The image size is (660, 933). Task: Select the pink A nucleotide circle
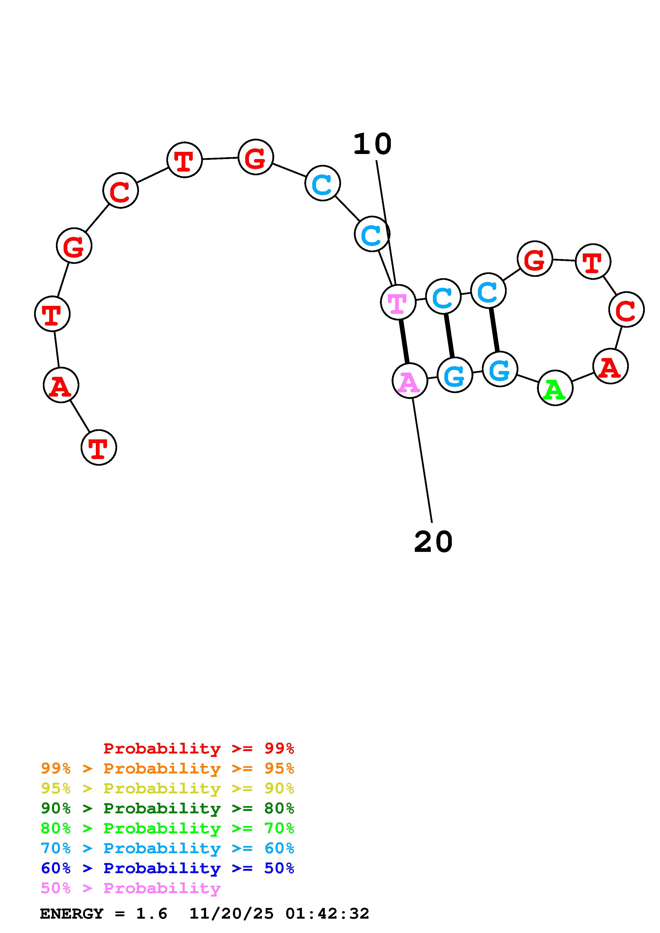(x=409, y=381)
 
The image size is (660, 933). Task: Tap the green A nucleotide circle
(x=555, y=388)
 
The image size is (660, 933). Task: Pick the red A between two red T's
(x=61, y=385)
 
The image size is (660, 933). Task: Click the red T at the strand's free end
(x=99, y=447)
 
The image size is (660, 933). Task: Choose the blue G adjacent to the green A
(x=500, y=369)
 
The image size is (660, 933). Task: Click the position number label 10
(x=372, y=145)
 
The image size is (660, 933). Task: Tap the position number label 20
(x=433, y=542)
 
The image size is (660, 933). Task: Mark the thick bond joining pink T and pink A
(x=404, y=341)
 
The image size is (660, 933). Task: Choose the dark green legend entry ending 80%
(x=167, y=808)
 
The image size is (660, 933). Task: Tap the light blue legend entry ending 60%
(x=167, y=848)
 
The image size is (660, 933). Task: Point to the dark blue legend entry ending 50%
(x=167, y=868)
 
